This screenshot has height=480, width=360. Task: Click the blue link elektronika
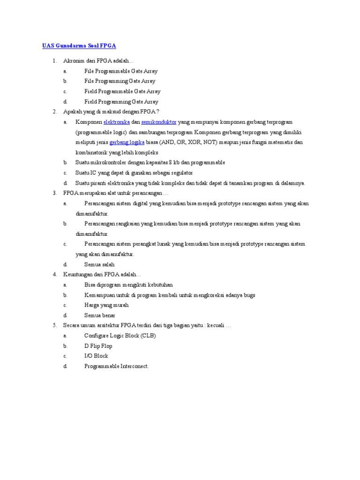[117, 122]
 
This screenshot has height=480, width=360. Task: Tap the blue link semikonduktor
[158, 122]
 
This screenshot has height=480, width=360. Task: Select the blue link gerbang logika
[127, 142]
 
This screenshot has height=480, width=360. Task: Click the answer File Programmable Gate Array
[121, 71]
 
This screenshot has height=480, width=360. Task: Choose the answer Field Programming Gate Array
[121, 102]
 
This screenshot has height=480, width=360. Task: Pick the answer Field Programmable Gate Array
[122, 91]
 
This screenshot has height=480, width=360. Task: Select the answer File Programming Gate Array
[120, 81]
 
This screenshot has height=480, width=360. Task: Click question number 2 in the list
[54, 112]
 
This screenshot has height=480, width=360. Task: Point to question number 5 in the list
[54, 325]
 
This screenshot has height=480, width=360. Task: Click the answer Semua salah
[99, 264]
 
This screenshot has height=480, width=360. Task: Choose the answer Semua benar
[100, 315]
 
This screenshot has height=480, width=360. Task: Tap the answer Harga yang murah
[106, 305]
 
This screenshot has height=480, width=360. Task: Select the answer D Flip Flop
[98, 346]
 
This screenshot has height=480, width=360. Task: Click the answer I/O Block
[96, 356]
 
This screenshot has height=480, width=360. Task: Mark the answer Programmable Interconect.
[116, 366]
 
